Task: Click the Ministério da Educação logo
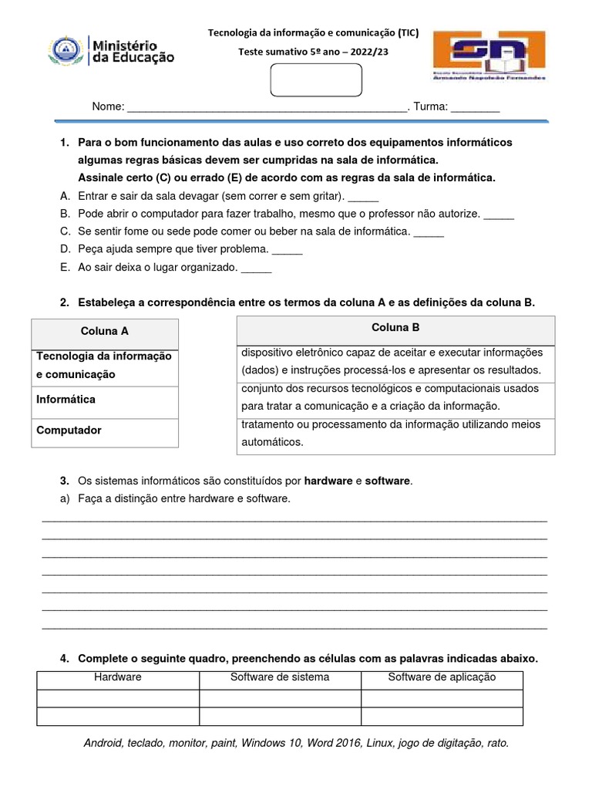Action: pos(113,52)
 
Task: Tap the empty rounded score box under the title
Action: pos(316,80)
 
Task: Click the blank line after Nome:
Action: pos(267,107)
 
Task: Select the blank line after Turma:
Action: pos(476,107)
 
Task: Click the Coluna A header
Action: pos(105,331)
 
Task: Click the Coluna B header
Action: pos(395,327)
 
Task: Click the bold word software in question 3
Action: pos(388,481)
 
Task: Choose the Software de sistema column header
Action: pos(280,677)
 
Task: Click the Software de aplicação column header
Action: pos(442,677)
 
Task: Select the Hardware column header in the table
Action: pos(118,677)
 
